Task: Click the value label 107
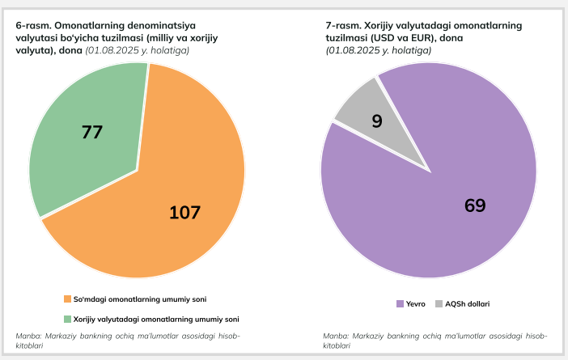tap(184, 213)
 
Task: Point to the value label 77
tap(92, 132)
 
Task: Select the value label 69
tap(475, 205)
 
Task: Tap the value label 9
tap(376, 121)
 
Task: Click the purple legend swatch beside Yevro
tap(400, 303)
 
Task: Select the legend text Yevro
tap(416, 303)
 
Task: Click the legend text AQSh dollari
tap(468, 303)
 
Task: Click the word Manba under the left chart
tap(29, 336)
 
